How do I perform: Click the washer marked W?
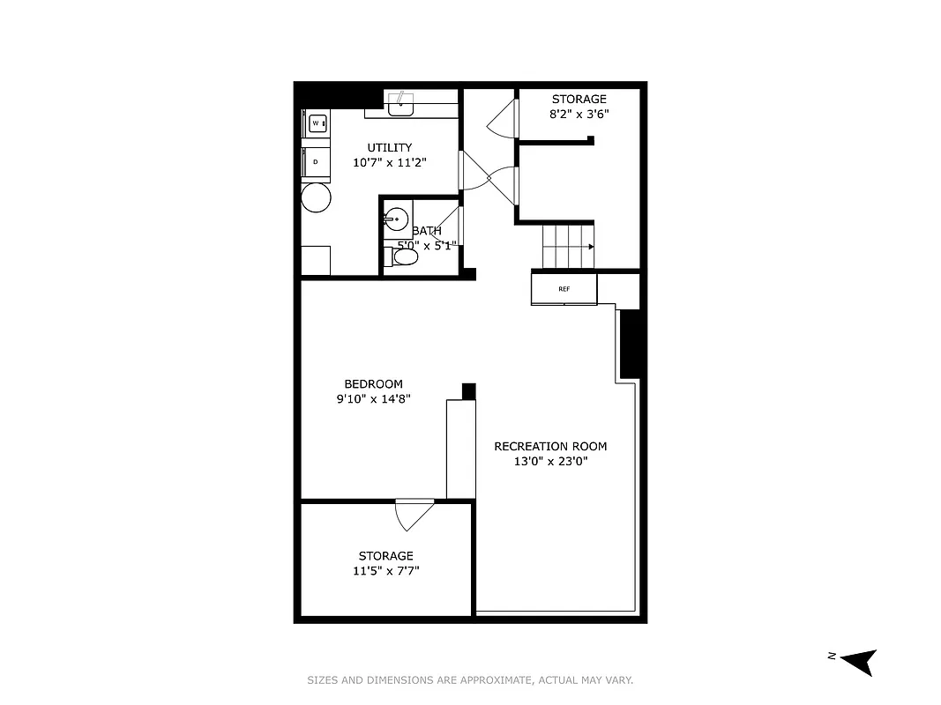coord(317,123)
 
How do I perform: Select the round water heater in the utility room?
coord(317,198)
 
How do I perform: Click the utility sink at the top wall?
coord(402,103)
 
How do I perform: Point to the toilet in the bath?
coord(404,256)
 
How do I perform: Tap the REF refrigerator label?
coord(564,289)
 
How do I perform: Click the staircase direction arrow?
coord(589,247)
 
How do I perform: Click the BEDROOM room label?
coord(373,384)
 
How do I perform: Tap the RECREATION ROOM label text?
coord(550,446)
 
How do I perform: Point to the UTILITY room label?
coord(390,147)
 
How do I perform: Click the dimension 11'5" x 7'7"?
coord(386,571)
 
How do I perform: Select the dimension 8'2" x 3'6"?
coord(579,114)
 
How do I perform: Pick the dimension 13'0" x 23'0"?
coord(550,461)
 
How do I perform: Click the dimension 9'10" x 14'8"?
coord(373,399)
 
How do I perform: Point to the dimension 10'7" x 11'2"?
coord(390,162)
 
